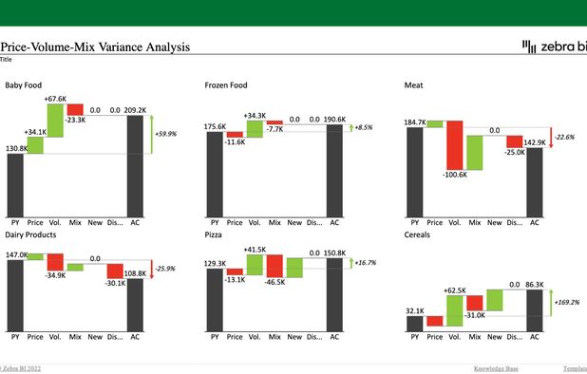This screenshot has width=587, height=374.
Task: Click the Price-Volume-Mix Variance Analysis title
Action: point(95,47)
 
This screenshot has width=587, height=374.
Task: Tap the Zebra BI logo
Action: point(553,47)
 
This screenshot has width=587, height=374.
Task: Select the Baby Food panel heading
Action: point(24,85)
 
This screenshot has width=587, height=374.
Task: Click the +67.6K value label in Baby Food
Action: point(55,99)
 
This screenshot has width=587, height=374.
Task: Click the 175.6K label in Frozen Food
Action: point(215,126)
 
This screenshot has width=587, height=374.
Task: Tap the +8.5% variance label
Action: point(363,127)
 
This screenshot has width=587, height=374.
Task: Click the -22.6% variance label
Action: point(567,137)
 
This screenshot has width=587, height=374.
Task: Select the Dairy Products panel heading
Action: point(30,234)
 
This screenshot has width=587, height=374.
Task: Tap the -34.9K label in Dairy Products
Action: point(56,275)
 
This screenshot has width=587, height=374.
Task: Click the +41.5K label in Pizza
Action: point(255,249)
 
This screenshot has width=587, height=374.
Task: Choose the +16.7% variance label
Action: point(365,262)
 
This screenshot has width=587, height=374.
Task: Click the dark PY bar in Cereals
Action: point(415,323)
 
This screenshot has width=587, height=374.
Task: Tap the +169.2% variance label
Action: point(569,303)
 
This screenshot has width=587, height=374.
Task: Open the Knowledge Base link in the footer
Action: point(497,368)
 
